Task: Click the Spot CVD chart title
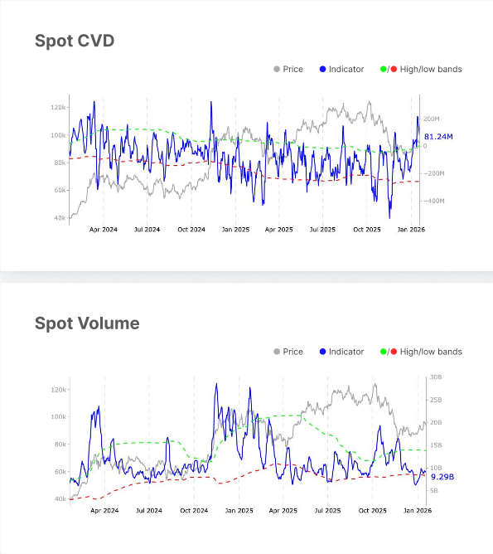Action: click(75, 41)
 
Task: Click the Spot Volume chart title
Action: click(87, 323)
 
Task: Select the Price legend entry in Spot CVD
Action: click(292, 70)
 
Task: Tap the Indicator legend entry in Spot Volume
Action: click(346, 352)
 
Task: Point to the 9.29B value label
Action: click(442, 477)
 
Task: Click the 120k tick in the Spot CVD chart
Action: click(58, 108)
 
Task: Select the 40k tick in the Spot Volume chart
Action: click(60, 499)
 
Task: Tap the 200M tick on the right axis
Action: click(432, 119)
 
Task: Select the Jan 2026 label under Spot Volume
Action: click(411, 511)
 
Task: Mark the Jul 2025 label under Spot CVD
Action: click(322, 229)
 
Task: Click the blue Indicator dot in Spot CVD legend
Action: click(322, 70)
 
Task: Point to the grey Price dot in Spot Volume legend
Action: click(277, 352)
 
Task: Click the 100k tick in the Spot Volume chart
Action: click(58, 417)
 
